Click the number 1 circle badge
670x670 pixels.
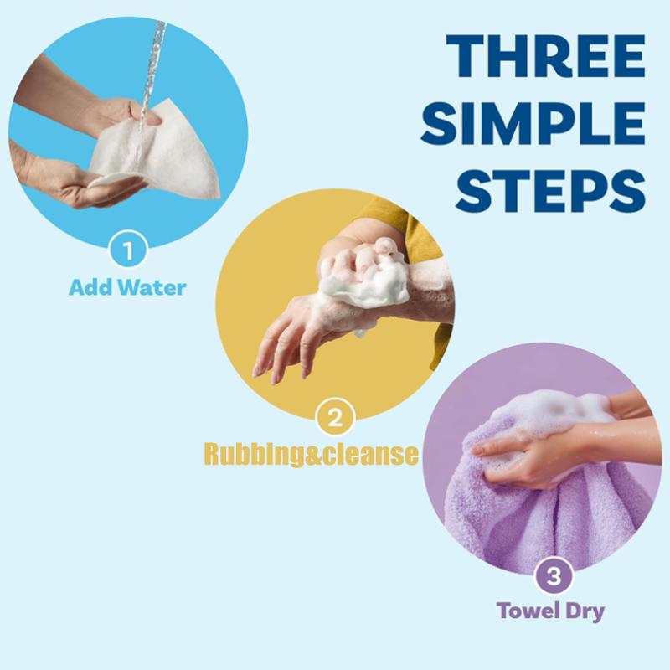127,250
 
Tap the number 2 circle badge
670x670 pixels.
335,418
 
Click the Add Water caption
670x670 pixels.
127,287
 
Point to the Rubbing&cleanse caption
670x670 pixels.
312,454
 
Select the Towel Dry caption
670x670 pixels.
550,610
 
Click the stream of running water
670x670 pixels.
154,67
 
